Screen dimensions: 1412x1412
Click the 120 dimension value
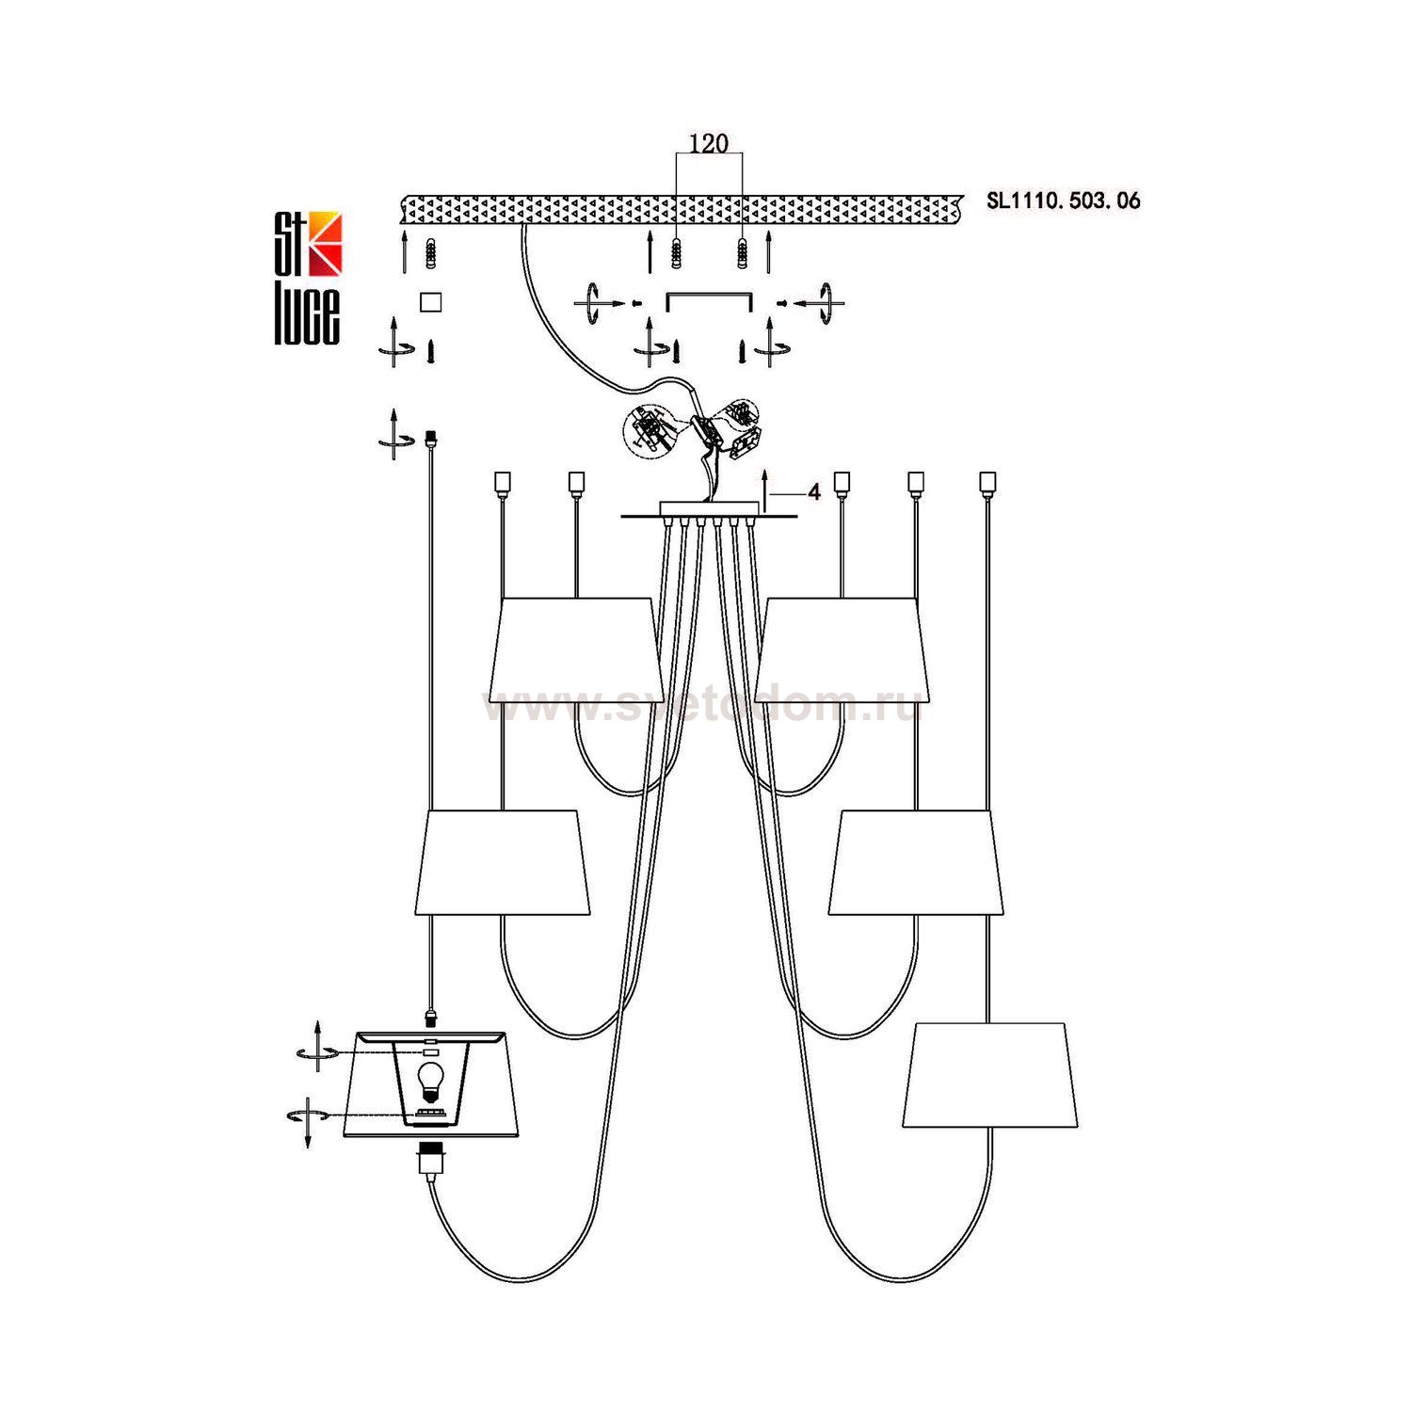click(x=709, y=143)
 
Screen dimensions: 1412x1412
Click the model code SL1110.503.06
click(x=1063, y=200)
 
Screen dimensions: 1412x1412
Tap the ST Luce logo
click(x=308, y=279)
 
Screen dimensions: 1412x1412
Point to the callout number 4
click(x=813, y=492)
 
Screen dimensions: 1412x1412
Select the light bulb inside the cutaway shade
click(x=430, y=1079)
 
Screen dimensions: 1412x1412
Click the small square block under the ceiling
click(x=430, y=301)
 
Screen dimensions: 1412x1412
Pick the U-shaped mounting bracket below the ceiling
click(x=709, y=300)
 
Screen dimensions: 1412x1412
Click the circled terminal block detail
click(x=649, y=431)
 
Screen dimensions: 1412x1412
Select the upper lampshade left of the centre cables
click(x=572, y=650)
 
